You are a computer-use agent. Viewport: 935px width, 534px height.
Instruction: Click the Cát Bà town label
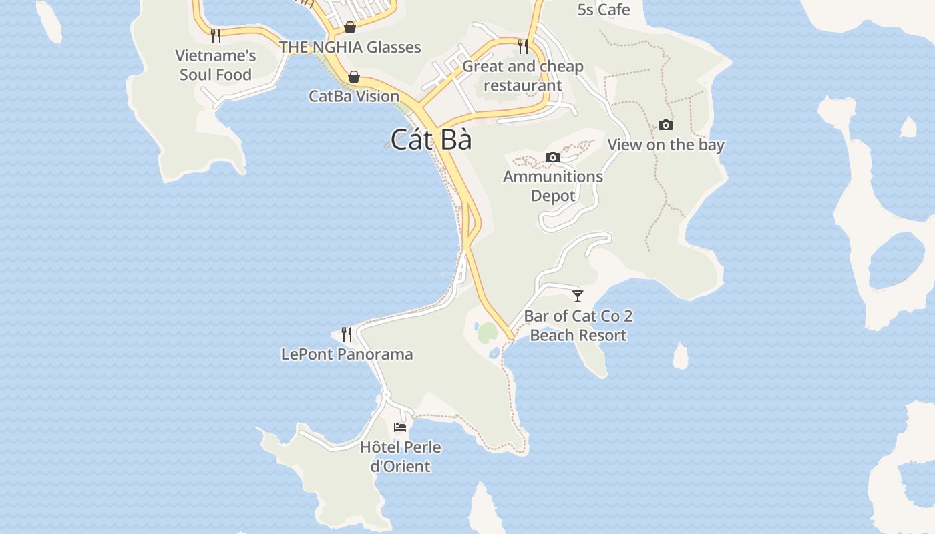pyautogui.click(x=431, y=140)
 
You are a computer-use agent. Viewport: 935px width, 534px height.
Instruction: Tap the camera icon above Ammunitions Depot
pyautogui.click(x=553, y=157)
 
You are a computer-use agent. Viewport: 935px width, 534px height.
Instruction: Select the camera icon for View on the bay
pyautogui.click(x=665, y=125)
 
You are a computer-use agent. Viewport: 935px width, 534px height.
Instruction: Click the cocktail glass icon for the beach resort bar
pyautogui.click(x=578, y=296)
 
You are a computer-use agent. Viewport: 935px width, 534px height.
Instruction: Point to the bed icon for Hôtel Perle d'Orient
pyautogui.click(x=400, y=427)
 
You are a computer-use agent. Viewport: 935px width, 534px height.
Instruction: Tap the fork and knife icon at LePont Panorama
pyautogui.click(x=346, y=334)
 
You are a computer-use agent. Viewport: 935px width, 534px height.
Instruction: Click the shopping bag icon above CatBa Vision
pyautogui.click(x=354, y=77)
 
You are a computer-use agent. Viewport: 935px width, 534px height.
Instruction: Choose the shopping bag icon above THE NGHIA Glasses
pyautogui.click(x=349, y=27)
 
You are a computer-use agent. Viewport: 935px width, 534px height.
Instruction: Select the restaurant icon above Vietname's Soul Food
pyautogui.click(x=215, y=35)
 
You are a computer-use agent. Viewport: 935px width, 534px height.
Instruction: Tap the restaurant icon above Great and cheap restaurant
pyautogui.click(x=523, y=46)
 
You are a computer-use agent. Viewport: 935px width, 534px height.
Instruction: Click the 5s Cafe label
pyautogui.click(x=604, y=9)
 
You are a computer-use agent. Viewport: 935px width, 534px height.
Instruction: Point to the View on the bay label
pyautogui.click(x=665, y=144)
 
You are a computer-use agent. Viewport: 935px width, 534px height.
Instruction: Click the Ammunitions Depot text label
pyautogui.click(x=553, y=186)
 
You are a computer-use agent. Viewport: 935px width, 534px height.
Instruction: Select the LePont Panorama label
pyautogui.click(x=347, y=354)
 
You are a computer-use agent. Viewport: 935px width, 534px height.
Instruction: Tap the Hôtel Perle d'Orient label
pyautogui.click(x=400, y=456)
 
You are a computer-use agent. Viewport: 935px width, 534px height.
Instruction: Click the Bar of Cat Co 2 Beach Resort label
pyautogui.click(x=578, y=325)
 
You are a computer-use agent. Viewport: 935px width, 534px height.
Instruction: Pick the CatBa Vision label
pyautogui.click(x=354, y=96)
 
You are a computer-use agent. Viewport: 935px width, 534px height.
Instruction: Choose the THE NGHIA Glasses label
pyautogui.click(x=350, y=47)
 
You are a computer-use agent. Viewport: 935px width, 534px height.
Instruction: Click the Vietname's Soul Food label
pyautogui.click(x=216, y=65)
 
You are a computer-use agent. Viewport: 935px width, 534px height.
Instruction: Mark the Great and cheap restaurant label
pyautogui.click(x=523, y=76)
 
